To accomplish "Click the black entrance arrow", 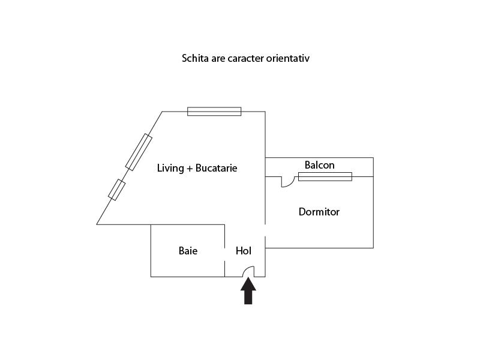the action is [x=248, y=291].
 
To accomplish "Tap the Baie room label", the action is [x=188, y=251].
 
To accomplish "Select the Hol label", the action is [x=244, y=251].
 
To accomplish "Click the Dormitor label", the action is [x=319, y=212].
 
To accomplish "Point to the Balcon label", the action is [x=319, y=165].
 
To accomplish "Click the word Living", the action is [x=170, y=168].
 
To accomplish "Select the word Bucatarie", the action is [x=216, y=168].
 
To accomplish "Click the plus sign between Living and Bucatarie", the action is [x=190, y=169].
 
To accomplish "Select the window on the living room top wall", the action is [x=214, y=112].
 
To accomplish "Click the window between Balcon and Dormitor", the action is [x=325, y=176].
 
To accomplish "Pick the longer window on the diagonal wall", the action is [x=139, y=152].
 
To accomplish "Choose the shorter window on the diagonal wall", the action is [x=116, y=190].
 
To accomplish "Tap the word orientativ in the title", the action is [x=288, y=58].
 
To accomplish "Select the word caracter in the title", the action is [x=245, y=58].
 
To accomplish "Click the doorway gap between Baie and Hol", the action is [x=224, y=254].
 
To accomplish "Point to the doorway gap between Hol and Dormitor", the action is [x=265, y=230].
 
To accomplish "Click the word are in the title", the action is [x=218, y=59].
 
